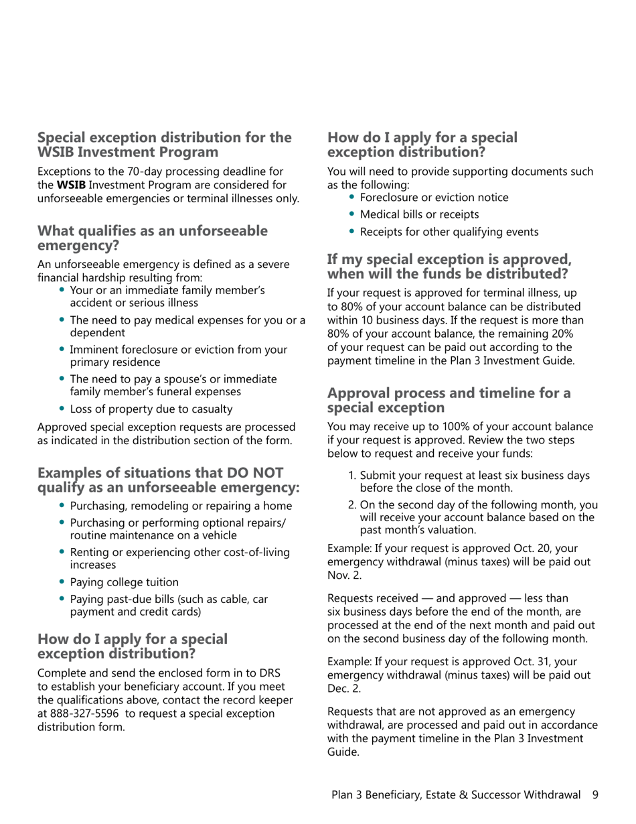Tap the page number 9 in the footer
(x=594, y=795)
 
